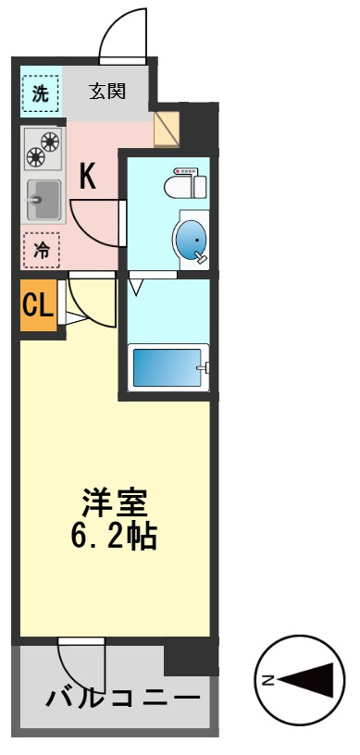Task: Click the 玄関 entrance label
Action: click(x=107, y=91)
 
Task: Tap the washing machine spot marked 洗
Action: click(x=41, y=93)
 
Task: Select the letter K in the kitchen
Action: click(x=87, y=177)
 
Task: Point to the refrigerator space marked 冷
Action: click(x=42, y=250)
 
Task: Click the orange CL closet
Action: click(x=38, y=304)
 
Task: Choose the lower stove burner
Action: click(x=36, y=157)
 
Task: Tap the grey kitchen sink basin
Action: click(x=43, y=200)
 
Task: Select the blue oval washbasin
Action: click(x=191, y=239)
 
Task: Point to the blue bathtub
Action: click(x=168, y=367)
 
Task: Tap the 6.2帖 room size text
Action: click(x=114, y=536)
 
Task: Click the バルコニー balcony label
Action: click(x=122, y=698)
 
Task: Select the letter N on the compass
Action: click(x=268, y=680)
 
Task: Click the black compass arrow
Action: click(x=306, y=680)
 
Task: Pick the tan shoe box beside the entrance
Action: click(x=167, y=128)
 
